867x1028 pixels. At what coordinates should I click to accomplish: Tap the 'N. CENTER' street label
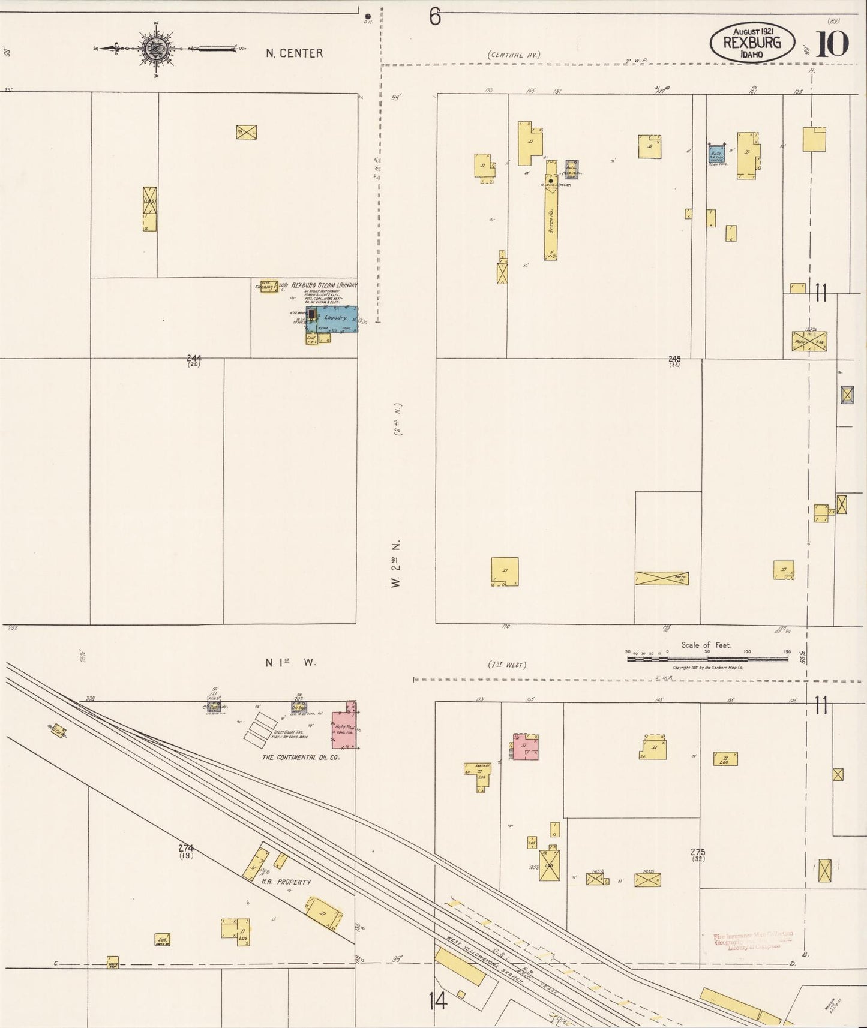point(294,53)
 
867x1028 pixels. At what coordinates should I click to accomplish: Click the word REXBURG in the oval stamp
point(752,43)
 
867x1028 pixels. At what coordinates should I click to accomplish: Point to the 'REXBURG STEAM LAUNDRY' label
point(324,285)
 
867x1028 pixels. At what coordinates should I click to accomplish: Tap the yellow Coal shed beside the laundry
point(312,339)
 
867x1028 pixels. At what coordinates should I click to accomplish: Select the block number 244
point(193,359)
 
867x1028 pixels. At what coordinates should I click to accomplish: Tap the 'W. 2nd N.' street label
point(396,564)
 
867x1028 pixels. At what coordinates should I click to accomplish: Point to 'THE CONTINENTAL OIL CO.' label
point(301,758)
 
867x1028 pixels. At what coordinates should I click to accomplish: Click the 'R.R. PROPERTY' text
point(286,882)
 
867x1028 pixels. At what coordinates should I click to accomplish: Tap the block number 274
point(186,848)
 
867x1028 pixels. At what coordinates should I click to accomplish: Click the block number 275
point(697,852)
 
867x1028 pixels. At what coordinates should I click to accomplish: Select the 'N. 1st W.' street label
point(291,663)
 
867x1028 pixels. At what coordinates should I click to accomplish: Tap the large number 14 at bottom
point(438,1000)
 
